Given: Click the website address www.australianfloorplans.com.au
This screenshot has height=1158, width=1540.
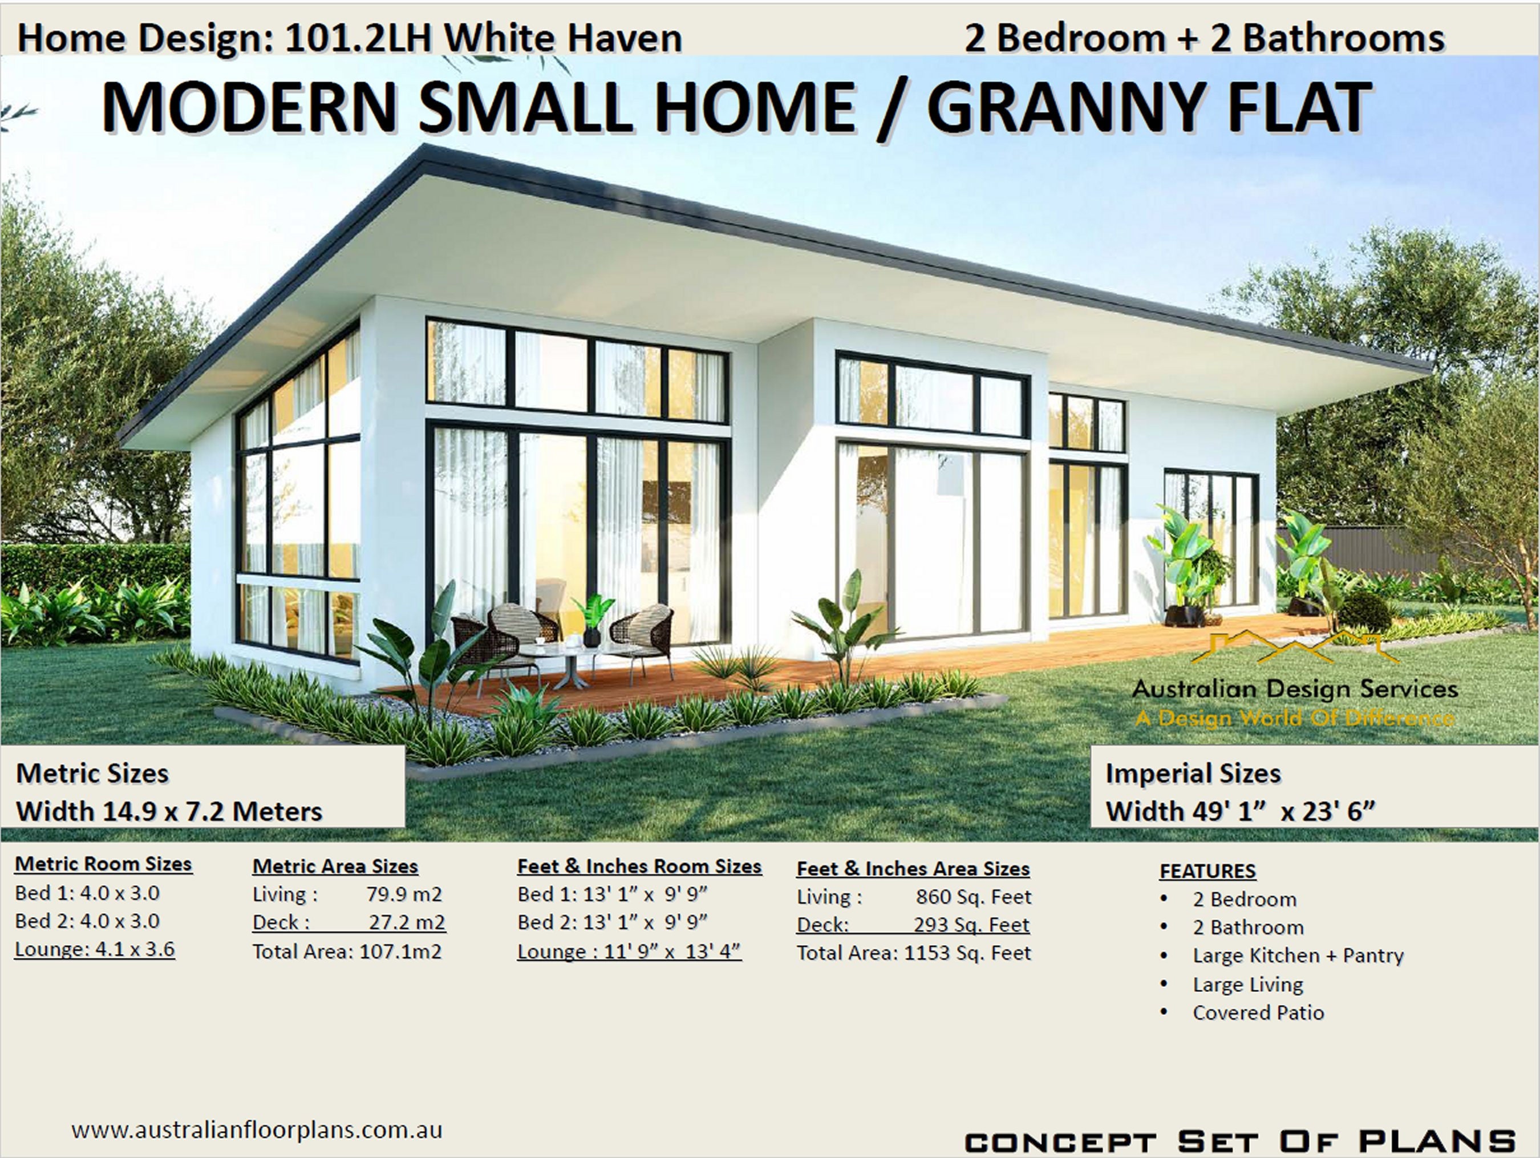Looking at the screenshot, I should click(256, 1129).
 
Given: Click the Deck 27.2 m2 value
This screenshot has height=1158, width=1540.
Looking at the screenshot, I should click(406, 922).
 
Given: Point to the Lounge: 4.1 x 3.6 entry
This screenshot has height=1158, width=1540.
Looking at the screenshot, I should click(95, 949).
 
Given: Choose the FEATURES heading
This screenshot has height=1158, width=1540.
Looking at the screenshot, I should click(1207, 870).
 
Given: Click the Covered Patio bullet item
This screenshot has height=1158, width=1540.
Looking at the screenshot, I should click(1257, 1013).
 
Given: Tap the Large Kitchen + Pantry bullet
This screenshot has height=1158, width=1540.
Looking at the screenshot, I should click(1297, 955).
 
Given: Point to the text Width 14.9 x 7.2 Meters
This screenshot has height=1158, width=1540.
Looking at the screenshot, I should click(169, 811).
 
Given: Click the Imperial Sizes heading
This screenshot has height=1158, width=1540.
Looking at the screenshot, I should click(1193, 774).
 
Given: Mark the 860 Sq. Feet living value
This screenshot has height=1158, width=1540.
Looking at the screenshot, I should click(972, 897).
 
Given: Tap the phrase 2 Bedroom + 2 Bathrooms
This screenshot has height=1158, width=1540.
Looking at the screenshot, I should click(1203, 38).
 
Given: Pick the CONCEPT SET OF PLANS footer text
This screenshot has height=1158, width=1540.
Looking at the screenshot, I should click(1240, 1142).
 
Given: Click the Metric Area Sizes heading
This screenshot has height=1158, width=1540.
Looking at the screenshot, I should click(335, 867).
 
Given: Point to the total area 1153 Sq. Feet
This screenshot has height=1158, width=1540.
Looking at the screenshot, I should click(966, 953).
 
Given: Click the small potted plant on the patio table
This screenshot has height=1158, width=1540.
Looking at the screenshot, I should click(593, 619).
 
